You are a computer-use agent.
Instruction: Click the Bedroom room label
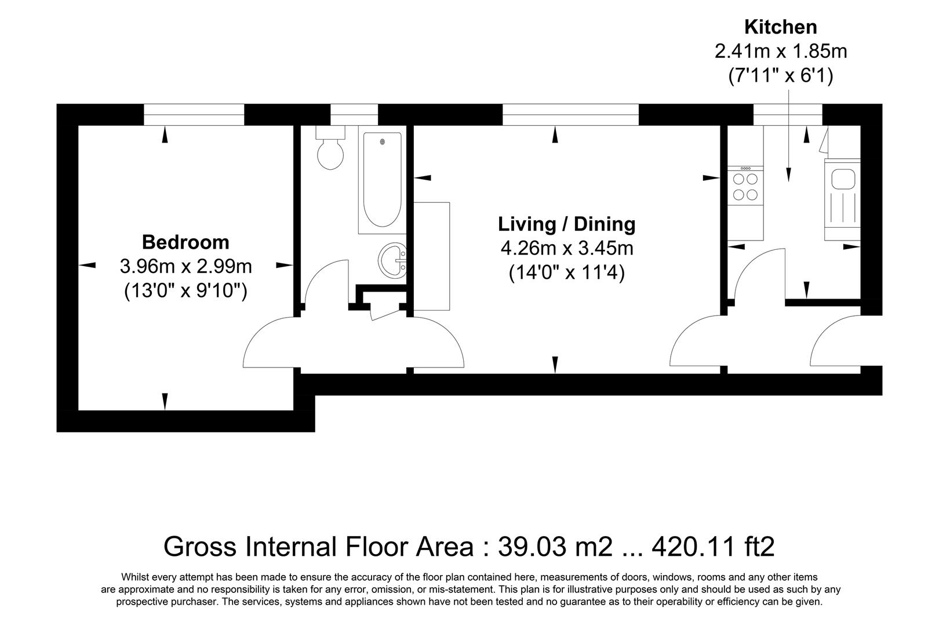click(x=185, y=242)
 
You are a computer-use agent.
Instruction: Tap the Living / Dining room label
click(x=566, y=224)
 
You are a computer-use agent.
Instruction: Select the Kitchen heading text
click(x=780, y=27)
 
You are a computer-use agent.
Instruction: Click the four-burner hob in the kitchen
click(x=745, y=186)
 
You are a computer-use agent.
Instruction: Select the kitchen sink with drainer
click(x=842, y=200)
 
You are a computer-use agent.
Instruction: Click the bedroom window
click(x=194, y=114)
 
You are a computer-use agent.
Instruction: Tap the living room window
click(x=570, y=114)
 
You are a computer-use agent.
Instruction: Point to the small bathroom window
click(x=354, y=114)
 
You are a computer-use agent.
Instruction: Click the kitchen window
click(x=787, y=114)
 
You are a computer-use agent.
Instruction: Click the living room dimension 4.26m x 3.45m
click(x=566, y=249)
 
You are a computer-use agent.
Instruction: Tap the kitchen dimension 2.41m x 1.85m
click(x=780, y=51)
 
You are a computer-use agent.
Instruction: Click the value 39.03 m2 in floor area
click(x=555, y=546)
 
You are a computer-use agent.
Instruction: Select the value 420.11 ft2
click(x=714, y=546)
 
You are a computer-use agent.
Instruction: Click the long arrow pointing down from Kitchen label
click(x=788, y=139)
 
